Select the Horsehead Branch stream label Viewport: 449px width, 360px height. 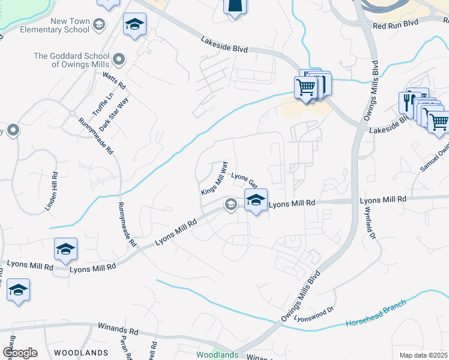pos(376,314)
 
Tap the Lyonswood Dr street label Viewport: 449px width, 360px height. pos(313,314)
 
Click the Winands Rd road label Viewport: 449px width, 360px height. pos(118,331)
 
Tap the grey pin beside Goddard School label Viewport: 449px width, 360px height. pos(119,59)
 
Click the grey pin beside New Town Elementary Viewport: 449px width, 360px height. pos(99,25)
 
